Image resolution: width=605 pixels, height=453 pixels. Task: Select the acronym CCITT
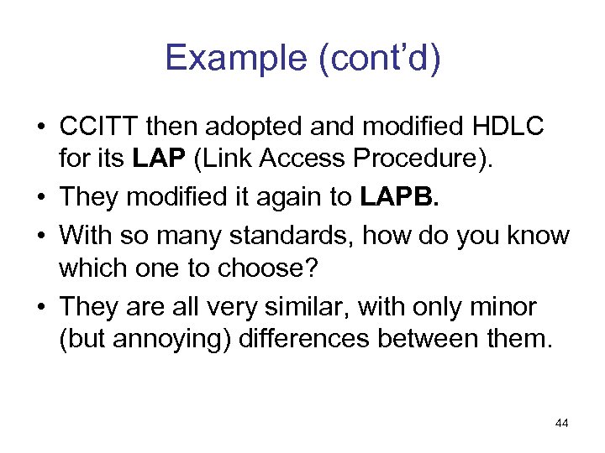(100, 127)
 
